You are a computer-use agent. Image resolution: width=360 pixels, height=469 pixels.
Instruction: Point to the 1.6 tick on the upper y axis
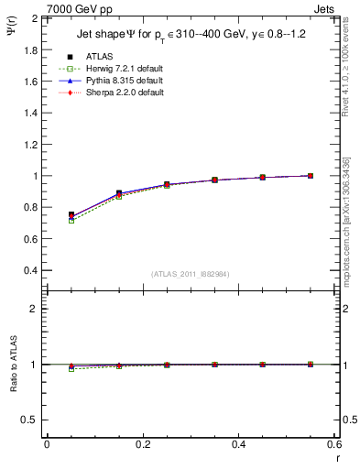(31, 82)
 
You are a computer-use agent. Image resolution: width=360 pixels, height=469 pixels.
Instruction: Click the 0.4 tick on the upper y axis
(31, 271)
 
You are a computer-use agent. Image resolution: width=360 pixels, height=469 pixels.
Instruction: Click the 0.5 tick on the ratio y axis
(32, 420)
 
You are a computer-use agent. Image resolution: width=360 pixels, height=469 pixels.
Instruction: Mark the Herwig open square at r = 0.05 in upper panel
(71, 221)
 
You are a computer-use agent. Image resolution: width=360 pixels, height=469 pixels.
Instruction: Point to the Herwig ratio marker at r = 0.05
(71, 369)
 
